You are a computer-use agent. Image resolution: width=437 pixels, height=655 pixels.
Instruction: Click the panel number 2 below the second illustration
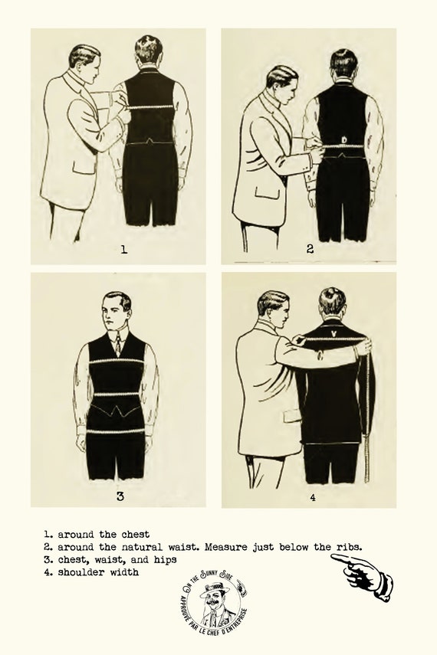tap(310, 248)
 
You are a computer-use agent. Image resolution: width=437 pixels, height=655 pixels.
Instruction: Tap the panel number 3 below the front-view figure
tap(120, 496)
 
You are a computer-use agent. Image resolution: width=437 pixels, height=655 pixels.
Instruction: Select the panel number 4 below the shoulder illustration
tap(312, 496)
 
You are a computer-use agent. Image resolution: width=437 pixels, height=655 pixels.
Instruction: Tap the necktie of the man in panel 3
tap(117, 346)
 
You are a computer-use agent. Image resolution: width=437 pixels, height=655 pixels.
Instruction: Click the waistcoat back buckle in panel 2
tap(343, 139)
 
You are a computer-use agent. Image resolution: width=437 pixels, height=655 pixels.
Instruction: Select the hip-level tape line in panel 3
tap(117, 430)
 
